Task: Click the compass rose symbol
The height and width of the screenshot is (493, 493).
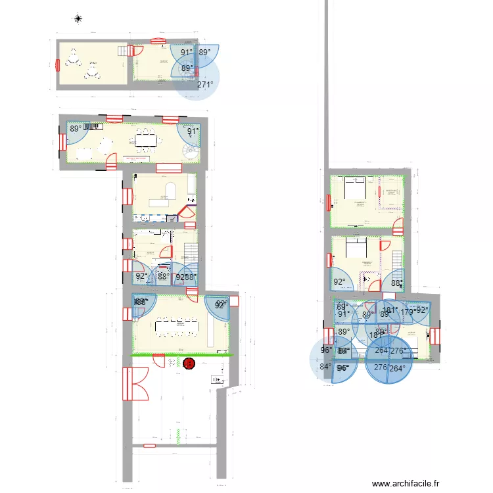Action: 78,18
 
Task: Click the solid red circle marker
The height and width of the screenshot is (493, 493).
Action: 189,362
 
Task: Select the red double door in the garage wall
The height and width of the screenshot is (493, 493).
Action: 137,383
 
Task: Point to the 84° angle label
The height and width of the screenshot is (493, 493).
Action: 325,367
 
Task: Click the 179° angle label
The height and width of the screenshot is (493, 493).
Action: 408,312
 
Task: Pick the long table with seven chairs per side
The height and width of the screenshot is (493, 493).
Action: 177,325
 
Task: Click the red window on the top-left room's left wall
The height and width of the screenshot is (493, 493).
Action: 58,64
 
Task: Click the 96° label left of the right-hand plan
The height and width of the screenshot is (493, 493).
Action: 327,350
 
